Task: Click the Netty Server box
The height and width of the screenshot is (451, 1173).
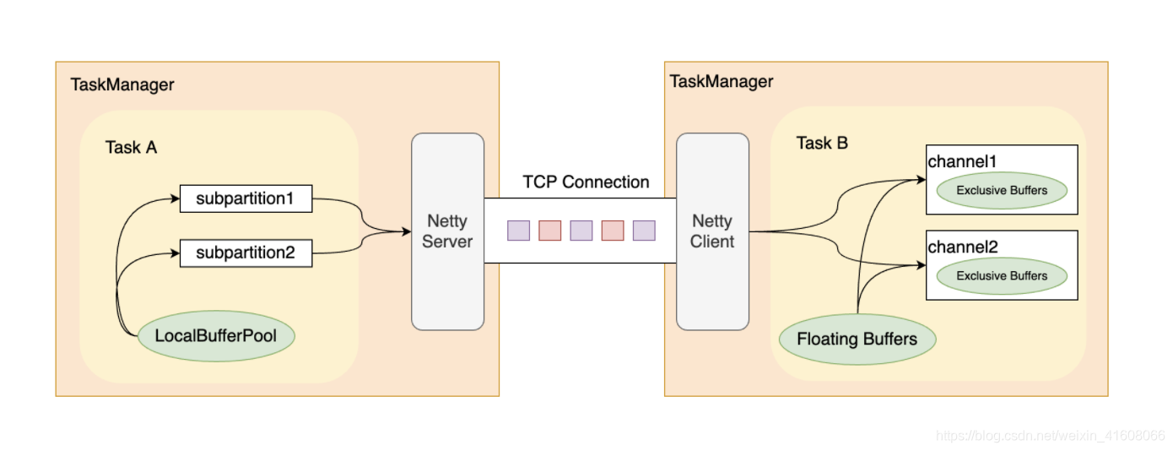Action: click(x=447, y=231)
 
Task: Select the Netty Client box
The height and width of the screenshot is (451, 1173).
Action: click(x=713, y=231)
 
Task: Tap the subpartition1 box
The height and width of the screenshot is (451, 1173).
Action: click(x=246, y=199)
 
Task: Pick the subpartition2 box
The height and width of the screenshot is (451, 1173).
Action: click(x=246, y=252)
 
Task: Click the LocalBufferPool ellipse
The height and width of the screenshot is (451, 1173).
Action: click(x=217, y=336)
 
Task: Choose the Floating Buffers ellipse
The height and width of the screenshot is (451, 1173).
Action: click(x=857, y=340)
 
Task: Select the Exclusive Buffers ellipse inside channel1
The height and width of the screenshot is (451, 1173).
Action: click(x=1002, y=191)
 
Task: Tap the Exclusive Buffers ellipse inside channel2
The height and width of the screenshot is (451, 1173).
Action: click(x=1002, y=276)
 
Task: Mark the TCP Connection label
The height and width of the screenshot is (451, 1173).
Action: click(x=586, y=182)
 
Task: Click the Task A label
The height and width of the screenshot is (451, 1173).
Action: click(x=131, y=147)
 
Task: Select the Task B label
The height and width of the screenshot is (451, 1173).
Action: click(x=822, y=143)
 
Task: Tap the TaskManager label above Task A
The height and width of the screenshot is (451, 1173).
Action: click(x=122, y=84)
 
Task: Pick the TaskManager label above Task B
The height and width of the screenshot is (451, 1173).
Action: click(x=722, y=82)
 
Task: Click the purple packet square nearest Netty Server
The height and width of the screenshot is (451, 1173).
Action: click(x=518, y=231)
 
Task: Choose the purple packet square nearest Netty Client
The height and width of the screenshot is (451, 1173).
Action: click(x=644, y=231)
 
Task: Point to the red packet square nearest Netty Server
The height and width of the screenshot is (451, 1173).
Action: click(x=549, y=231)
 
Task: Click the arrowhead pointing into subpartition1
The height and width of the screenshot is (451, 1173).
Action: click(x=176, y=200)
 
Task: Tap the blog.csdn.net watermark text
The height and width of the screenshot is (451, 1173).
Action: click(x=1051, y=436)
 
